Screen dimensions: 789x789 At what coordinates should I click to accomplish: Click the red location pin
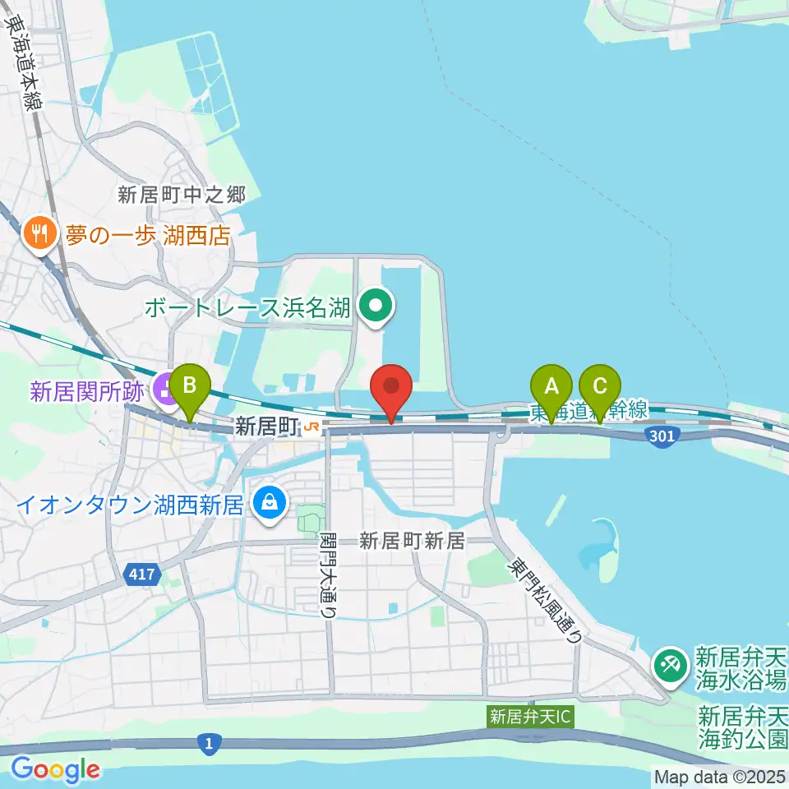pos(392,388)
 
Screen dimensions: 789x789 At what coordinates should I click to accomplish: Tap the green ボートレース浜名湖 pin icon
pos(376,307)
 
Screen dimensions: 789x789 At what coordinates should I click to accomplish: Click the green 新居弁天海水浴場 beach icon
pos(671,664)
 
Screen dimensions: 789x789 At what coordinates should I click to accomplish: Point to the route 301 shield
pos(662,435)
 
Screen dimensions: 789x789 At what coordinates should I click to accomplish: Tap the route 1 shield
pos(210,745)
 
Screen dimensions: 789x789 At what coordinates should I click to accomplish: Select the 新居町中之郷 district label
pos(182,195)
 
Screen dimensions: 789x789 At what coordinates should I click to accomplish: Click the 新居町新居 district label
pos(413,541)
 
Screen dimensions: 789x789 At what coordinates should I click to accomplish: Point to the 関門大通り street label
pos(329,572)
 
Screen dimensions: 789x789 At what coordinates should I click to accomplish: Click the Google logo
pos(55,770)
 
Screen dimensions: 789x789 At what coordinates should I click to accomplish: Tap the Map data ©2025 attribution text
pos(720,775)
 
